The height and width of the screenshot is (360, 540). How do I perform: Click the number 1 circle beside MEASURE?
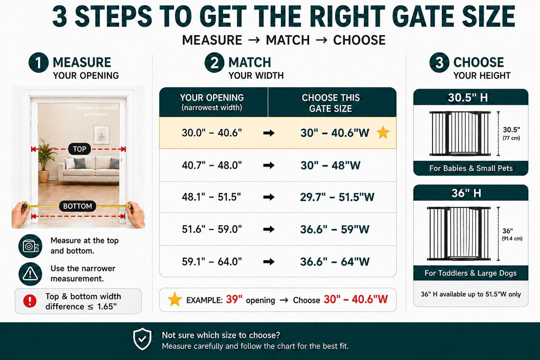tap(39, 63)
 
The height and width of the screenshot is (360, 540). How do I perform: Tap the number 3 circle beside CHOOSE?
tap(439, 63)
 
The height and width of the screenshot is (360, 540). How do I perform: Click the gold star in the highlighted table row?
tap(383, 133)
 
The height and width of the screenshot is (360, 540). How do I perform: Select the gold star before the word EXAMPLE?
tap(175, 299)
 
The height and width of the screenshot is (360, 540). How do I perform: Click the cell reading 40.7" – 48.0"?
tap(211, 166)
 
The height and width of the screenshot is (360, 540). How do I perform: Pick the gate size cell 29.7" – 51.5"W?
tap(337, 197)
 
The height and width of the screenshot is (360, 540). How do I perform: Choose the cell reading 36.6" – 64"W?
tap(335, 261)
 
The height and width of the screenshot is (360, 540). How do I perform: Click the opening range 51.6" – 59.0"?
tap(211, 229)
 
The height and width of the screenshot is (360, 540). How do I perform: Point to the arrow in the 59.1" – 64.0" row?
tap(269, 261)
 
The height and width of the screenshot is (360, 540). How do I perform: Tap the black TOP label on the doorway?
tap(80, 149)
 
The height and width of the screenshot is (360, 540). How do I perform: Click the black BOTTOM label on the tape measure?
tap(77, 206)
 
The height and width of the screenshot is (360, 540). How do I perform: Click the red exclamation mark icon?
tap(30, 301)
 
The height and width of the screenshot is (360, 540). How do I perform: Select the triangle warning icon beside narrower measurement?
tap(30, 274)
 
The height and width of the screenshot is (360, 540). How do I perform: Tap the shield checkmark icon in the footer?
tap(142, 339)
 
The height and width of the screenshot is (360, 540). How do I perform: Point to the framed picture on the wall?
tap(102, 135)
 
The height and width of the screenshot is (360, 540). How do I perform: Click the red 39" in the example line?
tap(234, 300)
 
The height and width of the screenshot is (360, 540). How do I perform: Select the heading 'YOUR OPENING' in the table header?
tap(211, 98)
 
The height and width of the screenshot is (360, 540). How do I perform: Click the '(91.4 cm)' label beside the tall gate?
tap(512, 238)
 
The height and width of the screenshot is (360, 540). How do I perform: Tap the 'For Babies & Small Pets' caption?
tap(471, 168)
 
